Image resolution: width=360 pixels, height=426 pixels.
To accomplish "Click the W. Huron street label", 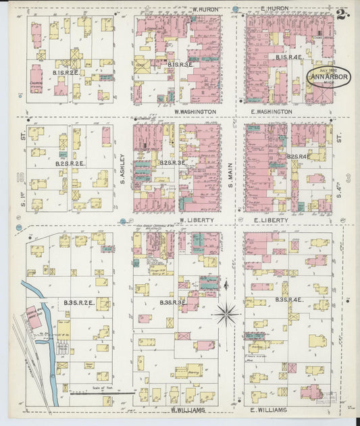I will click(203, 9).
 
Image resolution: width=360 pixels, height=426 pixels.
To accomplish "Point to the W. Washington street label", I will click(195, 111).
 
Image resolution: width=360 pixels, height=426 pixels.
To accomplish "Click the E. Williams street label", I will click(269, 410).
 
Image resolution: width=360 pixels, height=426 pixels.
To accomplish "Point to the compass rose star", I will click(226, 313).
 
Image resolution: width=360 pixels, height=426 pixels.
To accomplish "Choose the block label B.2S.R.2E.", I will click(70, 163).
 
